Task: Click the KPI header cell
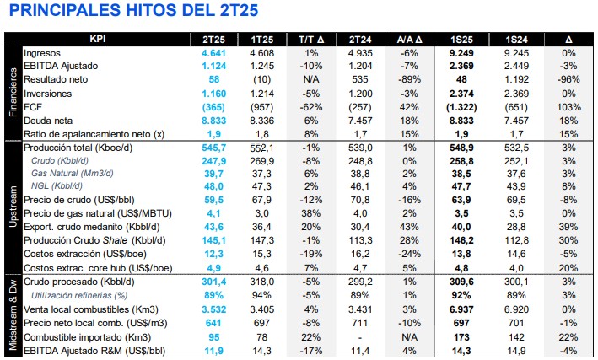(100, 40)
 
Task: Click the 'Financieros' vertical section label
(13, 93)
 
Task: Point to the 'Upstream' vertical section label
(13, 207)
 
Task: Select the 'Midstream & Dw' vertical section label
(13, 311)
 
